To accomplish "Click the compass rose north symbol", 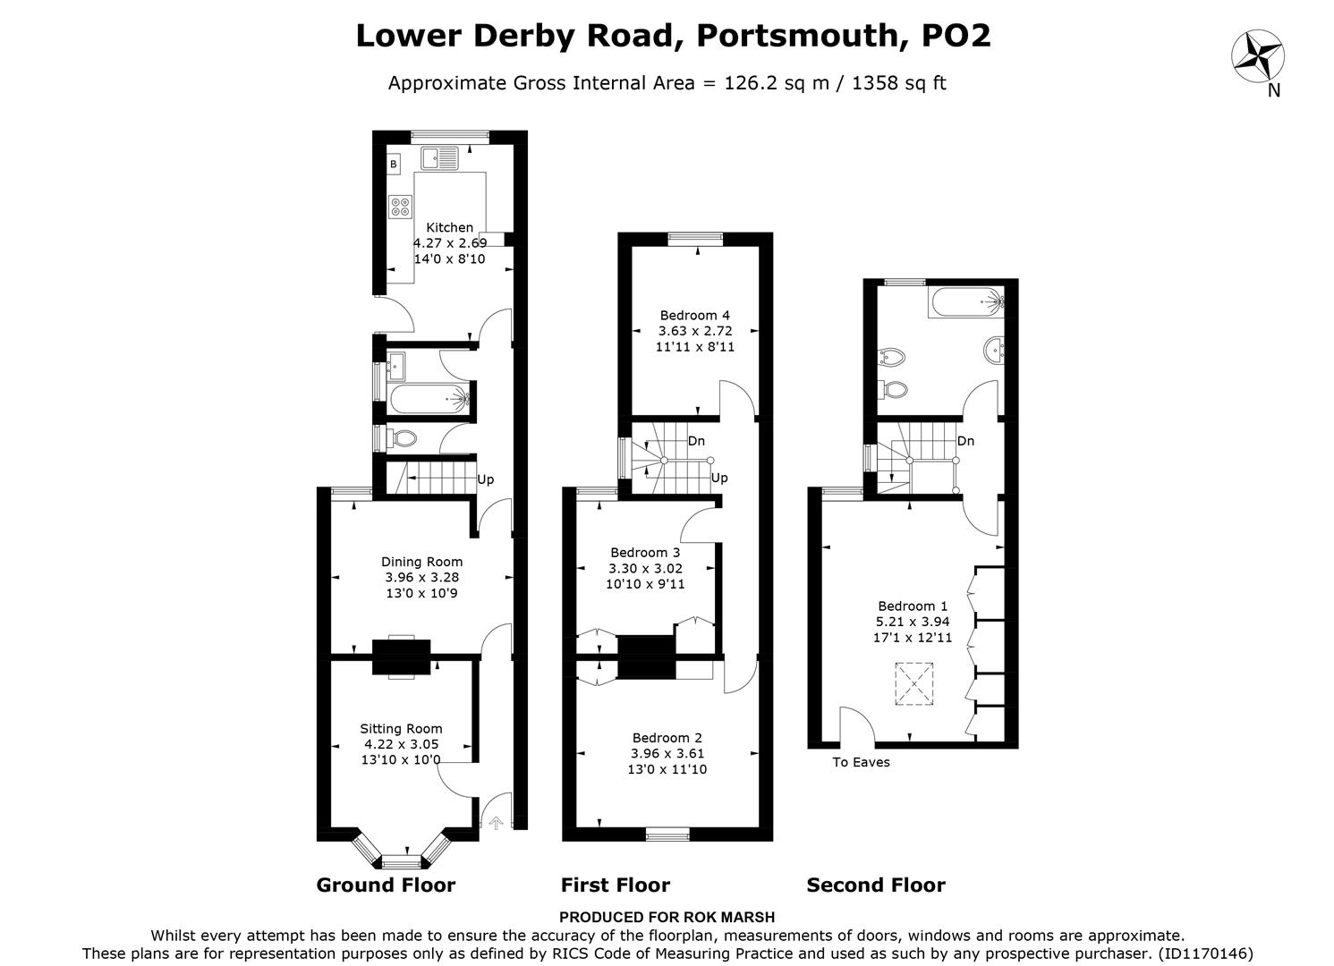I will pos(1258,55).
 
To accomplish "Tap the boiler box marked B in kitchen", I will pos(394,165).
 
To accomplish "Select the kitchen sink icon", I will pos(438,158).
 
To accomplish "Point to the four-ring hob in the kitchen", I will pos(400,208).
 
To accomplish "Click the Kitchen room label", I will pos(449,227).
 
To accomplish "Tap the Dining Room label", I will pos(421,562).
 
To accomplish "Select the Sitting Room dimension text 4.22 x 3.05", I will pos(401,744).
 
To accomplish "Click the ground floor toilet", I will pos(403,439).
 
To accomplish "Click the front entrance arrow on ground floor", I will pos(495,823).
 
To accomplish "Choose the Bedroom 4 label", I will pos(694,315).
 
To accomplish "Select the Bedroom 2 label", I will pos(667,738).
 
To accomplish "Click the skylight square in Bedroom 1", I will pos(914,684).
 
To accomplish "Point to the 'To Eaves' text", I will pos(861,763).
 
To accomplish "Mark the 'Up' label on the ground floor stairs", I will pos(485,479).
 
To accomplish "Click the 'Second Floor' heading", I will pos(875,885).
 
